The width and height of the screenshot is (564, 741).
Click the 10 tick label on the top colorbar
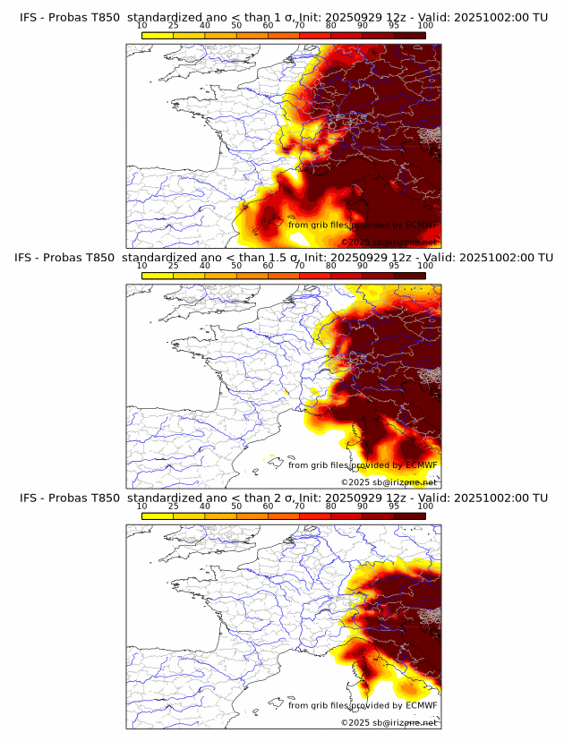(x=142, y=25)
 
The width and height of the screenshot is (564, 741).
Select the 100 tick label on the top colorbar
(x=425, y=25)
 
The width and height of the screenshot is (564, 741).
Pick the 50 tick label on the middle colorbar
(x=236, y=266)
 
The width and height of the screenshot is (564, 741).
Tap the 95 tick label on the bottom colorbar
(x=394, y=506)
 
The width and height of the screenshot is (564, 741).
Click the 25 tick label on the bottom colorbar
(x=174, y=506)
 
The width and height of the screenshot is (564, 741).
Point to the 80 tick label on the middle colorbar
(x=331, y=266)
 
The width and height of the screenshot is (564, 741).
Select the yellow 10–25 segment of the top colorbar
(x=158, y=34)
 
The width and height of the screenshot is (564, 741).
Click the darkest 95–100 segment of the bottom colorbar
(x=410, y=515)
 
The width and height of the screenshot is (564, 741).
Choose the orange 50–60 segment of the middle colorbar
(x=252, y=275)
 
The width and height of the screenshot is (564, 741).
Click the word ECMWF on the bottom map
(x=421, y=705)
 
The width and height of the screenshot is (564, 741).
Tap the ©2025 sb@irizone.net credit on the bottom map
(x=389, y=722)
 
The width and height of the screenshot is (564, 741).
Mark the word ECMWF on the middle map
(x=421, y=464)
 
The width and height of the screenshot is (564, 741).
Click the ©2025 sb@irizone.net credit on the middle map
(x=389, y=482)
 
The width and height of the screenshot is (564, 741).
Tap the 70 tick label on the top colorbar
(x=300, y=25)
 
